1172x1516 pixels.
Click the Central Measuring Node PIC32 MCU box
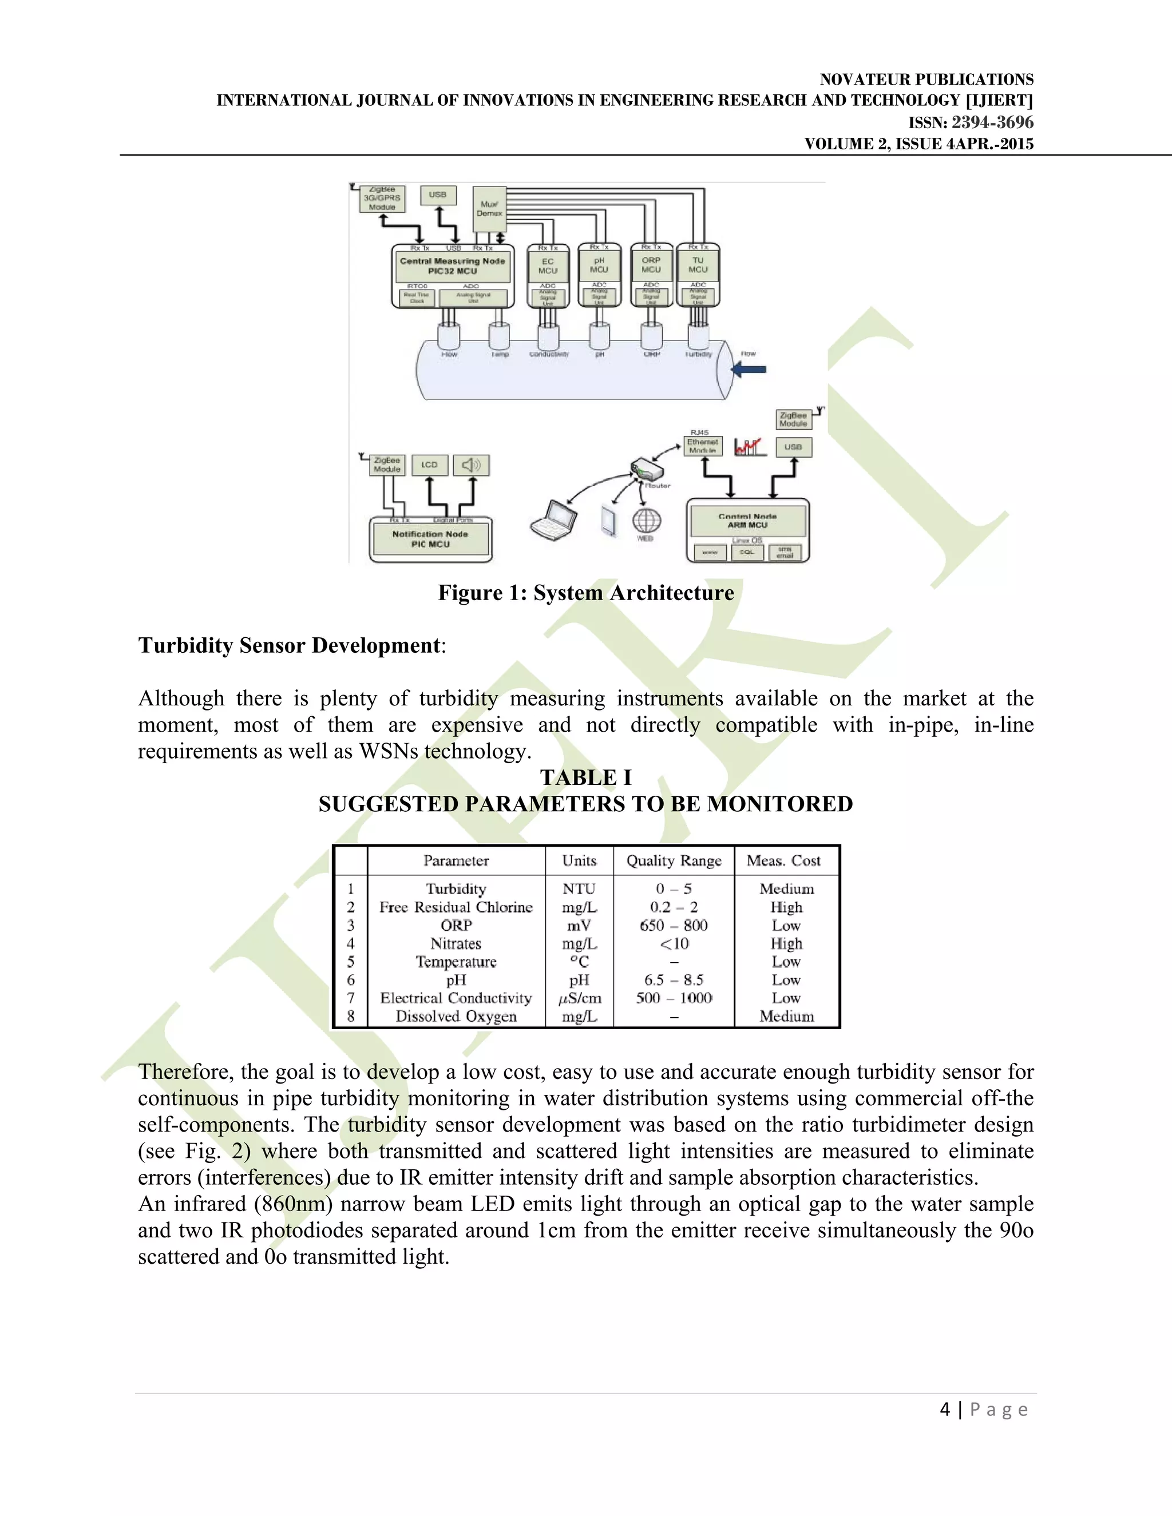[x=452, y=266]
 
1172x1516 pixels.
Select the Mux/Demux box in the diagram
[x=489, y=209]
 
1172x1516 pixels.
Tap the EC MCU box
[x=548, y=266]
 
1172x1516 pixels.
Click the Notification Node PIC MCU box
[x=430, y=539]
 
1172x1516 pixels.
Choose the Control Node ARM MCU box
[x=747, y=521]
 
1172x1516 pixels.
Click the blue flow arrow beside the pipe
[x=749, y=370]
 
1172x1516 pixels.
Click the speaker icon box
[x=472, y=465]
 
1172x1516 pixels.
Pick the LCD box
[x=429, y=465]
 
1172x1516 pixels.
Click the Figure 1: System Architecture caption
[x=585, y=593]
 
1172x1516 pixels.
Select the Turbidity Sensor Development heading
[x=289, y=645]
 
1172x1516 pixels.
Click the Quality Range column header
[x=674, y=861]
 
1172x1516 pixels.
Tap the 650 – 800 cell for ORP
[x=674, y=925]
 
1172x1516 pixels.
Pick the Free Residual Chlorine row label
[x=456, y=907]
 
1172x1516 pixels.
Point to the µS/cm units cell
[x=580, y=998]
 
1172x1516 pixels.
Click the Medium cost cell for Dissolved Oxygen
[x=786, y=1016]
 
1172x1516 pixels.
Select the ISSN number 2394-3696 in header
[x=992, y=123]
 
